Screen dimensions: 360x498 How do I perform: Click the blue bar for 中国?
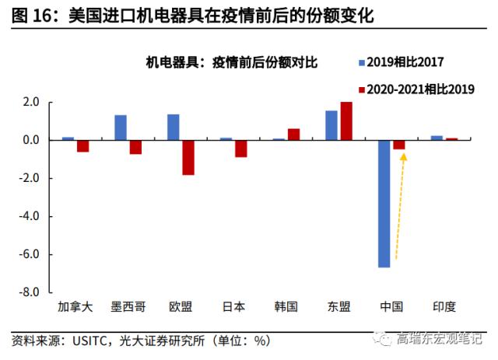(384, 204)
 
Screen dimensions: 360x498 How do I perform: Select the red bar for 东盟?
(346, 121)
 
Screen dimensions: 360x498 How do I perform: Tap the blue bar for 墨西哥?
(121, 128)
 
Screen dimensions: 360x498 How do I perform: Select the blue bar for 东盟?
(331, 125)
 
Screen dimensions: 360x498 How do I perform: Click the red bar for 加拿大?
(82, 146)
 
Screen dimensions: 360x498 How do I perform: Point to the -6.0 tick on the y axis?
(30, 254)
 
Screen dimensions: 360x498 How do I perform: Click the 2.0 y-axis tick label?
(31, 102)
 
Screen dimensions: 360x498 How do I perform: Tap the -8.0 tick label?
(30, 292)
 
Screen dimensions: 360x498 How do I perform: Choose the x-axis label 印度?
(444, 306)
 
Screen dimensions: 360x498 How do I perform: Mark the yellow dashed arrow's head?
(403, 156)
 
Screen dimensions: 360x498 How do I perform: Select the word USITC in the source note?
(93, 341)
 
